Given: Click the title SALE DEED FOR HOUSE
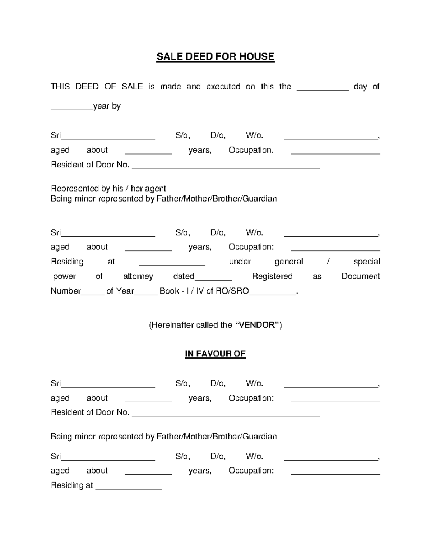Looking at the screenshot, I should (215, 57).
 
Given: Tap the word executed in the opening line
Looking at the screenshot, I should (223, 87).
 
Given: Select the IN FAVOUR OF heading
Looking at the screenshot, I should (215, 354).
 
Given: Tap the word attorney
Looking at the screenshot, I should (138, 276).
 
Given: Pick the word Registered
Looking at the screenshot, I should (272, 276).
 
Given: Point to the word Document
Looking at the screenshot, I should (361, 276).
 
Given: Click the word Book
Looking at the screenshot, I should (169, 291).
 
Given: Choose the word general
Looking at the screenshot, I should (289, 262).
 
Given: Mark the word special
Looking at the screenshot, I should (367, 262).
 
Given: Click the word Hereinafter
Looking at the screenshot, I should (172, 325).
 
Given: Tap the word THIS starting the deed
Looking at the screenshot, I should (60, 87).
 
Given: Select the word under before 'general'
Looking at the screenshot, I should (240, 262).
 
